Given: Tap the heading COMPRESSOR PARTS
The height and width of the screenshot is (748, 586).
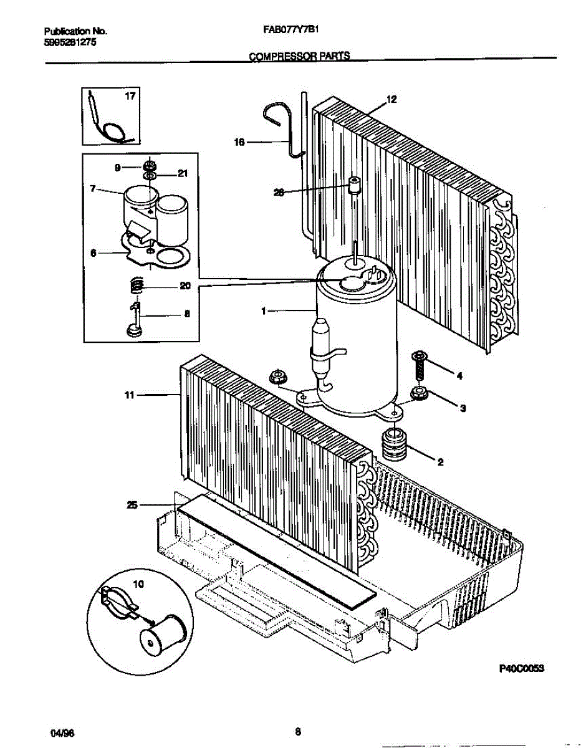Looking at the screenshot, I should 299,56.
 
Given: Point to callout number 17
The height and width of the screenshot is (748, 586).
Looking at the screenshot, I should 130,97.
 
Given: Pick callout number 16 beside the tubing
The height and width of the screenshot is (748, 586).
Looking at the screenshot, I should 238,143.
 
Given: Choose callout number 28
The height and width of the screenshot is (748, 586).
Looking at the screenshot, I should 279,193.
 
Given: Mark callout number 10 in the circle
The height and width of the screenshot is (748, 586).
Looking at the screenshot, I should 138,584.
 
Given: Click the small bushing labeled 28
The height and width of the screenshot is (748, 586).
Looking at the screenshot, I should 355,185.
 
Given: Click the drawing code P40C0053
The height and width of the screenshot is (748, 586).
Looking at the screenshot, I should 522,668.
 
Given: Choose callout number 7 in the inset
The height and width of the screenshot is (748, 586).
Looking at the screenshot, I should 93,188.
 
